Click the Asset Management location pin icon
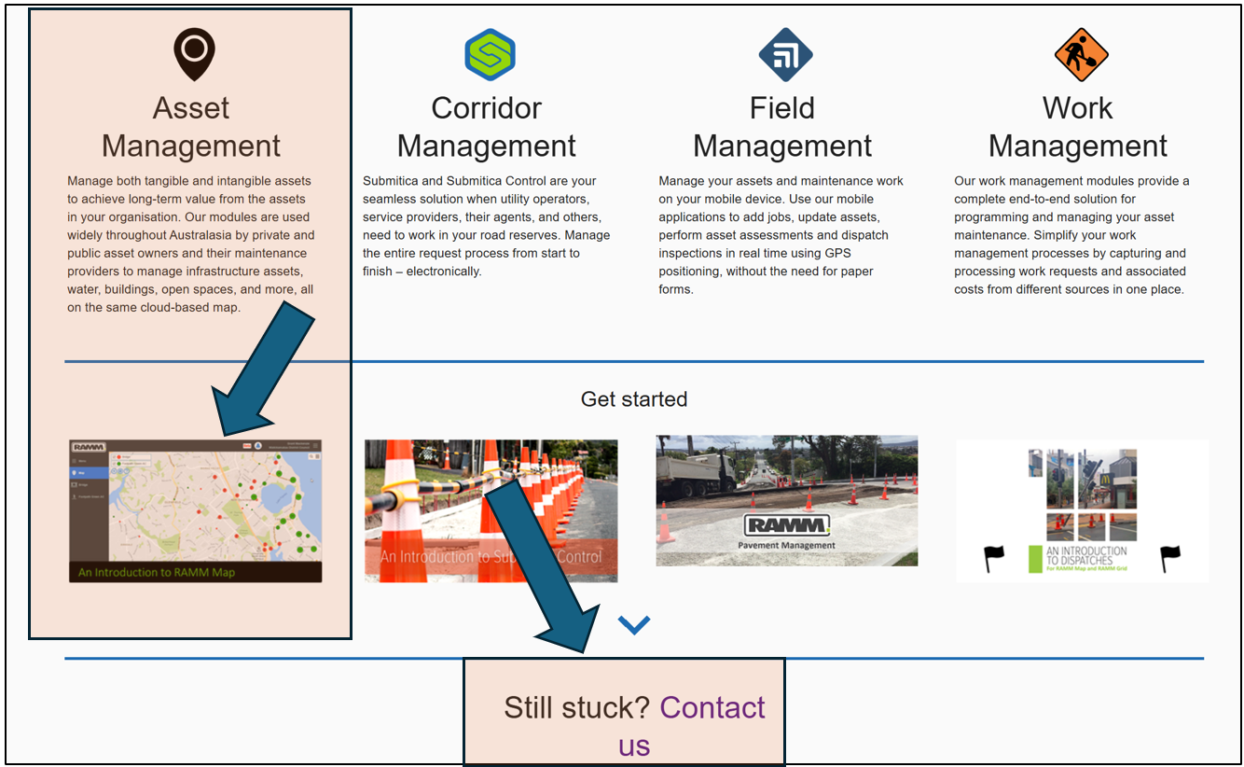pyautogui.click(x=194, y=53)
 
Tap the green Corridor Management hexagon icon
pyautogui.click(x=490, y=54)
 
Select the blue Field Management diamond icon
pyautogui.click(x=785, y=54)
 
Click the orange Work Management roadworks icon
pyautogui.click(x=1081, y=54)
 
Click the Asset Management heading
pyautogui.click(x=191, y=127)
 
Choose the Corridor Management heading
pyautogui.click(x=486, y=127)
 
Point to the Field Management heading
pyautogui.click(x=782, y=127)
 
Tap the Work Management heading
pyautogui.click(x=1077, y=127)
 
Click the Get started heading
pyautogui.click(x=633, y=399)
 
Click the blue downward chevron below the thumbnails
pyautogui.click(x=633, y=624)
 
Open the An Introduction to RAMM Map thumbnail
pyautogui.click(x=195, y=510)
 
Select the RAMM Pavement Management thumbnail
pyautogui.click(x=786, y=500)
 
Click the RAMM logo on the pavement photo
pyautogui.click(x=786, y=524)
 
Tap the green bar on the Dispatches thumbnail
pyautogui.click(x=1033, y=558)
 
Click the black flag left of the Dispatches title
pyautogui.click(x=994, y=558)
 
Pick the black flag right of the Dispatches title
pyautogui.click(x=1169, y=558)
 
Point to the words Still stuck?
pyautogui.click(x=576, y=708)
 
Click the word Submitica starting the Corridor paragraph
pyautogui.click(x=390, y=181)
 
